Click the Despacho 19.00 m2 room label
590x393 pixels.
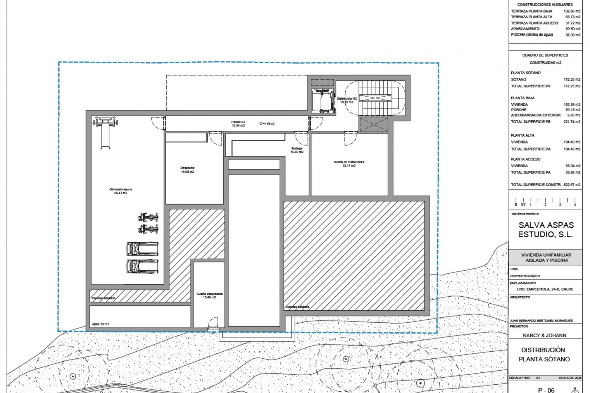pos(187,170)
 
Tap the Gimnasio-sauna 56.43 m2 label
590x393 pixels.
pos(120,191)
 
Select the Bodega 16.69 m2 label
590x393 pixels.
pos(297,150)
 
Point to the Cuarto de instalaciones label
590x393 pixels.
pos(349,164)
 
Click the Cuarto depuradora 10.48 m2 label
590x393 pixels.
pos(209,295)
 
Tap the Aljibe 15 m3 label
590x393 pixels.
pos(100,324)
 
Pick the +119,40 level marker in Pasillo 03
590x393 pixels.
pos(267,124)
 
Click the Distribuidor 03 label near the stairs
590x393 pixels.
pos(347,100)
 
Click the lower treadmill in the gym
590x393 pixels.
pos(142,267)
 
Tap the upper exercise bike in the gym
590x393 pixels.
pos(148,217)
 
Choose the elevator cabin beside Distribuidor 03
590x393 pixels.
pos(322,101)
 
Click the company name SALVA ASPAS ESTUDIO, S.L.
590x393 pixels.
pos(546,230)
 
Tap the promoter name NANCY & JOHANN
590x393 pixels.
pos(544,335)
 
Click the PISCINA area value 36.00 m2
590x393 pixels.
pos(573,35)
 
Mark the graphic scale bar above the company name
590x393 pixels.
pos(545,202)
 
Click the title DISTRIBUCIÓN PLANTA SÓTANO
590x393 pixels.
pos(544,354)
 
